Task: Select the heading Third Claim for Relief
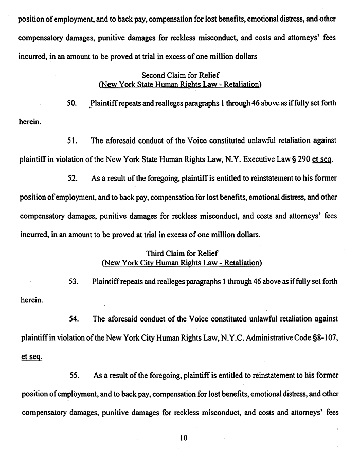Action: point(182,253)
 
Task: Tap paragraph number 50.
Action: point(72,103)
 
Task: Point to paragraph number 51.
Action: point(73,140)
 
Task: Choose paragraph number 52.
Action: point(73,179)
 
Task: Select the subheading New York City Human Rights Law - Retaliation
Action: point(182,263)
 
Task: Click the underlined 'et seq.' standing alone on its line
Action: point(30,356)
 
